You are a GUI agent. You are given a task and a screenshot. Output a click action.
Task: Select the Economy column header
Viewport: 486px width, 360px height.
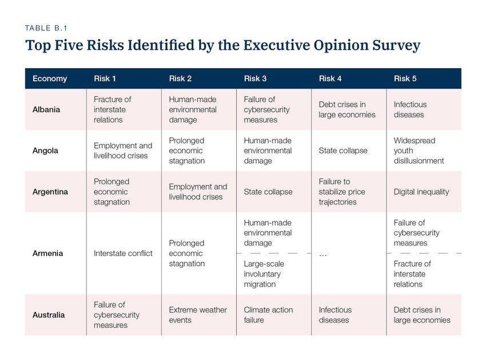coord(50,78)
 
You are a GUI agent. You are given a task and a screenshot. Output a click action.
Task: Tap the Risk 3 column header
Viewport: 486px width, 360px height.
coord(255,78)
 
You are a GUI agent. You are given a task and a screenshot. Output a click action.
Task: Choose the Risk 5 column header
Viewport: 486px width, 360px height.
coord(405,78)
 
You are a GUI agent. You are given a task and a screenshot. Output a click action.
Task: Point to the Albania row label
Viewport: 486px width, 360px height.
coord(46,109)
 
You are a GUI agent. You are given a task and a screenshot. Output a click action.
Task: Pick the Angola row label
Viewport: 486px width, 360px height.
coord(45,151)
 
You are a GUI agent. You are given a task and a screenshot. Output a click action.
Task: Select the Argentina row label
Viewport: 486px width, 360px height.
coord(50,192)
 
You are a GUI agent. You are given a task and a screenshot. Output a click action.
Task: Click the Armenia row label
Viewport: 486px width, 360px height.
coord(47,253)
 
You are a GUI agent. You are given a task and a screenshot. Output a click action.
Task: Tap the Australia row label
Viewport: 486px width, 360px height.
coord(49,315)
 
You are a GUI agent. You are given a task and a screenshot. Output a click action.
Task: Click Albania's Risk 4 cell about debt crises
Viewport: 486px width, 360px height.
coord(346,109)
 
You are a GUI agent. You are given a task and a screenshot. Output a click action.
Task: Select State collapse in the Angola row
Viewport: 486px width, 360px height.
coord(343,151)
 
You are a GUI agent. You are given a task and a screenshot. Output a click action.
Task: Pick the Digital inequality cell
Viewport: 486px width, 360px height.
coord(421,192)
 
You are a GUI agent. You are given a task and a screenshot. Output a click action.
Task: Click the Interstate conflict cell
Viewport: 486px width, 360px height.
coord(123,253)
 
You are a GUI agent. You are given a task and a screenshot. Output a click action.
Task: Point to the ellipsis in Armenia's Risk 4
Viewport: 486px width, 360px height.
coord(322,254)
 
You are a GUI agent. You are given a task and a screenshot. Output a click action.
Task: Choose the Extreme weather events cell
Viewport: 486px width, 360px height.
coord(197,315)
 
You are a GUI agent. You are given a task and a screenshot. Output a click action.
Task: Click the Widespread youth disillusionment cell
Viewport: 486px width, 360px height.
coord(419,151)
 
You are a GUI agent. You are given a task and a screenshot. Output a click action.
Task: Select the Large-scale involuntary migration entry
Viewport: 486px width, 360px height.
coord(264,274)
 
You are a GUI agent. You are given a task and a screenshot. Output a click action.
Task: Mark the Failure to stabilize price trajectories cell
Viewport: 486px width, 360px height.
coord(341,192)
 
